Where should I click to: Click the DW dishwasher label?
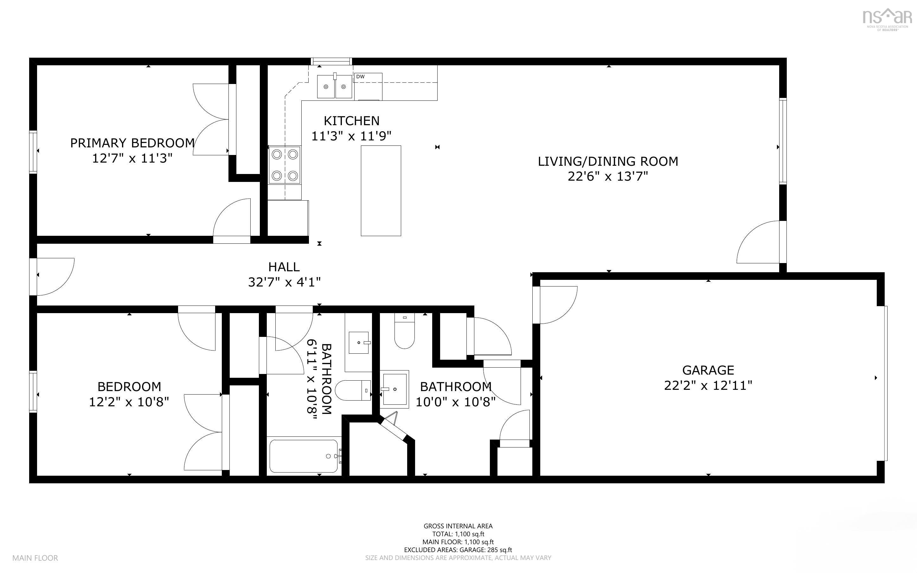click(x=360, y=77)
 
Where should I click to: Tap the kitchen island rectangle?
click(x=381, y=190)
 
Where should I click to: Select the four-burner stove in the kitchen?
click(x=285, y=165)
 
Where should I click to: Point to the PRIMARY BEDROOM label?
click(x=132, y=143)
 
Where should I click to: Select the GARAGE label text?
click(x=708, y=370)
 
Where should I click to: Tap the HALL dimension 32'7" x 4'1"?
click(x=285, y=282)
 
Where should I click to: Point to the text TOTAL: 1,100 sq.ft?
click(x=458, y=534)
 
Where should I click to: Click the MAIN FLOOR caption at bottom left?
click(x=35, y=558)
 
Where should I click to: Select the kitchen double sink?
click(x=335, y=86)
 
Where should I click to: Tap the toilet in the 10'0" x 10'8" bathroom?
click(x=405, y=331)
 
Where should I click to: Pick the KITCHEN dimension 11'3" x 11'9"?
click(x=351, y=136)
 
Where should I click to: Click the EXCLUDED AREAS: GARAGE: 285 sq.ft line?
click(x=458, y=550)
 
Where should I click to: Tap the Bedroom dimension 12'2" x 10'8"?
click(x=129, y=402)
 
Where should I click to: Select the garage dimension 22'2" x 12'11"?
click(x=708, y=385)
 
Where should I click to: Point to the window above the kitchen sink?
click(x=331, y=61)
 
